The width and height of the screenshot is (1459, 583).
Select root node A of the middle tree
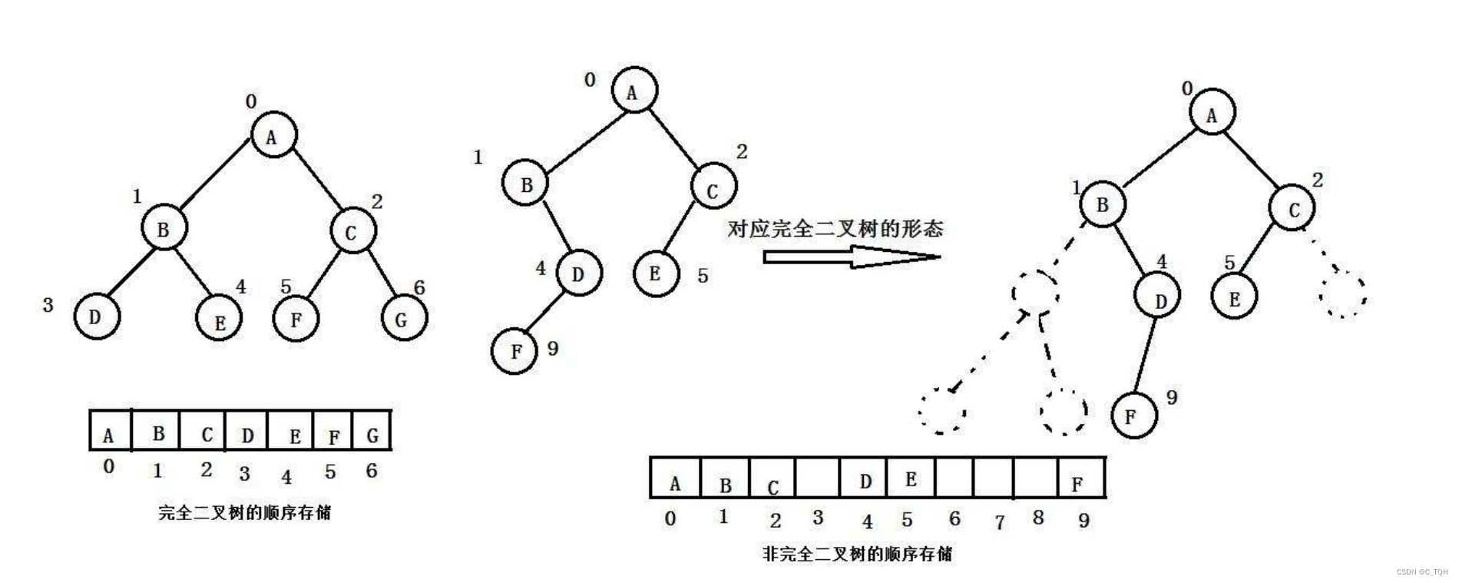pyautogui.click(x=634, y=91)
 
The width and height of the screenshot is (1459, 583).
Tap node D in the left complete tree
pyautogui.click(x=97, y=316)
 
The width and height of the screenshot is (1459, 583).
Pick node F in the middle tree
pyautogui.click(x=514, y=351)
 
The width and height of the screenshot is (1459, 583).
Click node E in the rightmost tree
pyautogui.click(x=1234, y=297)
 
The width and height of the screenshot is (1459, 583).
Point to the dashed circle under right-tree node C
pyautogui.click(x=1343, y=293)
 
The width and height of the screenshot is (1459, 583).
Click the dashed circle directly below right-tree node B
pyautogui.click(x=1035, y=291)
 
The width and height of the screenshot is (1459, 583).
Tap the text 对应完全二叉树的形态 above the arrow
pyautogui.click(x=835, y=228)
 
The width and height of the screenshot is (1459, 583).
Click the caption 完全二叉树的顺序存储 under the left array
pyautogui.click(x=244, y=512)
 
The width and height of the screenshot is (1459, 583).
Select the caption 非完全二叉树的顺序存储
pyautogui.click(x=857, y=553)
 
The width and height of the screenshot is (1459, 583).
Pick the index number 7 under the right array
pyautogui.click(x=999, y=522)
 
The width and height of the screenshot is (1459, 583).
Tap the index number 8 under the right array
pyautogui.click(x=1038, y=518)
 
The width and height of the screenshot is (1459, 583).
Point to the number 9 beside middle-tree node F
pyautogui.click(x=553, y=349)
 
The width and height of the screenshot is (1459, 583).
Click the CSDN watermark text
pyautogui.click(x=1421, y=571)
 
